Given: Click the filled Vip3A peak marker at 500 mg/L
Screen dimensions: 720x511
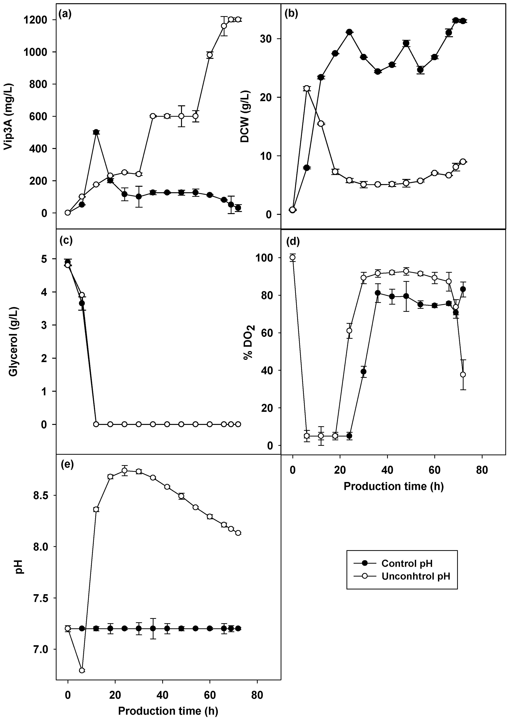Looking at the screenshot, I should coord(96,132).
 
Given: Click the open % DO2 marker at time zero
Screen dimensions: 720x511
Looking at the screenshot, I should coord(293,257).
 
